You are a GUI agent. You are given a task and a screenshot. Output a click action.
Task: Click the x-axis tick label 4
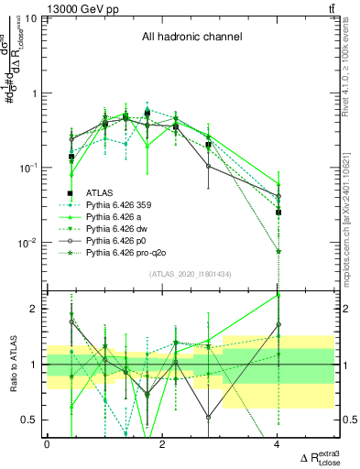tap(278, 445)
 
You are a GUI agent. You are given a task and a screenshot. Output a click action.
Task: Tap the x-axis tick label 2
tap(162, 445)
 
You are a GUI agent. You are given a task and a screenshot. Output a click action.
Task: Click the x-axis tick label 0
tap(47, 445)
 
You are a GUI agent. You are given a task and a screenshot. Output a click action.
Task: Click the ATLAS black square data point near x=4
tap(278, 212)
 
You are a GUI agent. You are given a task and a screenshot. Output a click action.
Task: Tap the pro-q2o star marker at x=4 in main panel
tap(278, 251)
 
